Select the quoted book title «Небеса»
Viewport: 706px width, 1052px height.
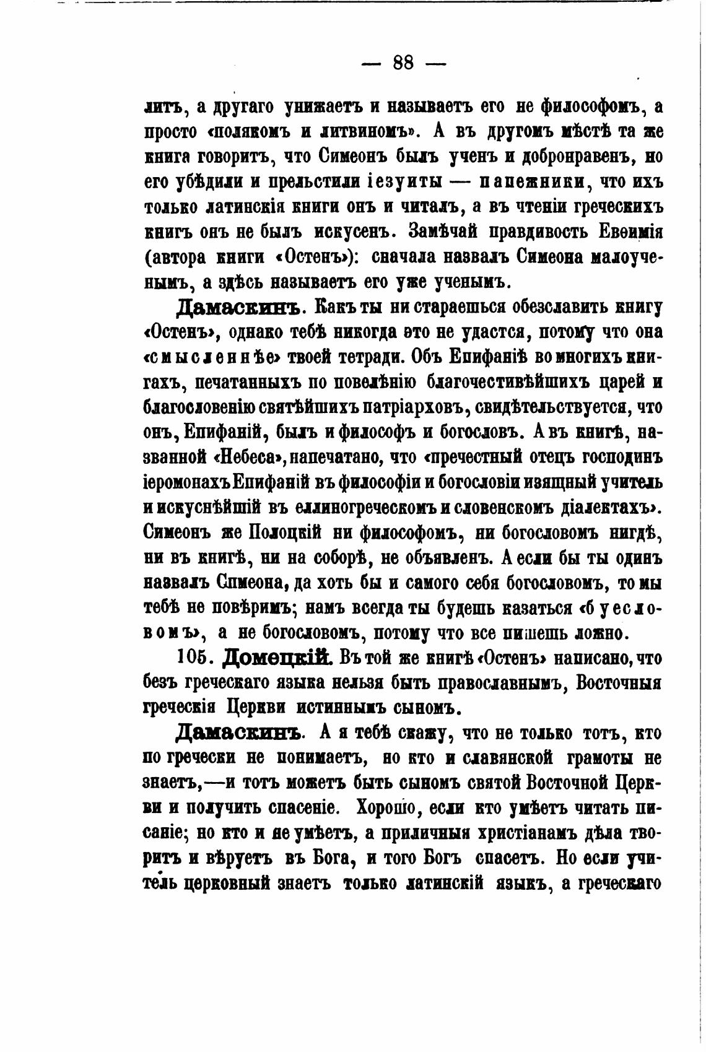point(248,458)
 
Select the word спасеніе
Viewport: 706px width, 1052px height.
point(298,807)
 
